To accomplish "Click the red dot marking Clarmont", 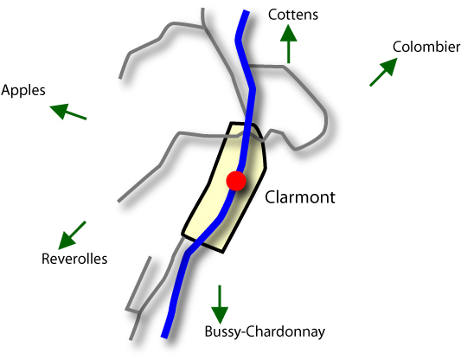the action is [236, 181].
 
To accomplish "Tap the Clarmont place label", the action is [300, 197].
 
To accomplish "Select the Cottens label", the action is [293, 15].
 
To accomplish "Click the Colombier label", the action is [426, 47].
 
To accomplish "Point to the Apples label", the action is [23, 90].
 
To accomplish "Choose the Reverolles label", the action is [74, 259].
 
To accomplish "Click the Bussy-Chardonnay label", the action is [265, 331].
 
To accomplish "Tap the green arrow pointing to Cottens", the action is [288, 44].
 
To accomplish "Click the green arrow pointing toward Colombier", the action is [383, 72].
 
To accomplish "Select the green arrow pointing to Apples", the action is [68, 112].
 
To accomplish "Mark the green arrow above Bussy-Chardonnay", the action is [220, 305].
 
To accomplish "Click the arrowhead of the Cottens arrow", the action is [288, 33].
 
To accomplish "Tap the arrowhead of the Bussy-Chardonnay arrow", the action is [220, 316].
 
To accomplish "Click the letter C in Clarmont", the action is [271, 197].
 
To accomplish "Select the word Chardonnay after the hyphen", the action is [285, 332].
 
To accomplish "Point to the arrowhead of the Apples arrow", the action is [59, 110].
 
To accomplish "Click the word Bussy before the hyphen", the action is [223, 332].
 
